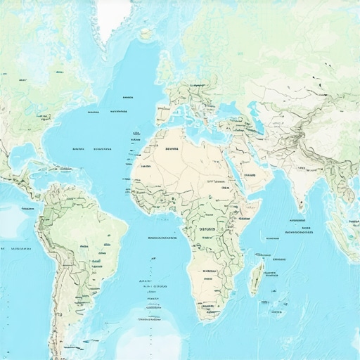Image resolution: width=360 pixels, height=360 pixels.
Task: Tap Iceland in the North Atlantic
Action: (x=146, y=32)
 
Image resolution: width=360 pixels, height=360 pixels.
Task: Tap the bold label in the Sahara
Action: (x=172, y=150)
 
